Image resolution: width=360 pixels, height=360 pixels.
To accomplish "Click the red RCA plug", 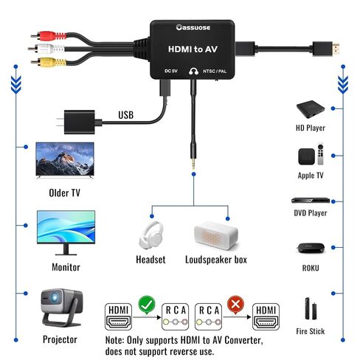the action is pos(49,36).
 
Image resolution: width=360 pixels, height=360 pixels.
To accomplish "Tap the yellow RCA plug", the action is pos(49,62).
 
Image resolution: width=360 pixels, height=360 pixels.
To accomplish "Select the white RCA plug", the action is pos(46,49).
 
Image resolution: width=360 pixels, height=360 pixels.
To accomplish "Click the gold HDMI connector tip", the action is pos(336,49).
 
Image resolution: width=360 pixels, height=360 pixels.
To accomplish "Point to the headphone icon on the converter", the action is pos(193,71).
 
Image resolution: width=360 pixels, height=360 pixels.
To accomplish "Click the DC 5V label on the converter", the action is pos(171,71).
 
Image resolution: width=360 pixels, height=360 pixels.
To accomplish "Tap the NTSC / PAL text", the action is pos(215,72).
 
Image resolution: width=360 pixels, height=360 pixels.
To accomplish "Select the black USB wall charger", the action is pos(79,122).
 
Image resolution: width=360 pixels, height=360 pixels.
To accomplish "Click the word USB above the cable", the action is pos(126,115).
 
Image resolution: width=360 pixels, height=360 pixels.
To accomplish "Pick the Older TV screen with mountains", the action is pos(65,159).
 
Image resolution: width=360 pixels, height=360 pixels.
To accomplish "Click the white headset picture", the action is pos(151,235).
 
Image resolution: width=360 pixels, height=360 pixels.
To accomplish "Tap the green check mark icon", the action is pos(147,305).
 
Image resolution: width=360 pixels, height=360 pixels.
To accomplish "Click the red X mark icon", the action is pos(235,305).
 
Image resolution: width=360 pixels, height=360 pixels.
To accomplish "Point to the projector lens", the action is pos(54,298).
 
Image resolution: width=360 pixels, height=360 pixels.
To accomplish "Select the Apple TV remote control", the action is pos(320,154).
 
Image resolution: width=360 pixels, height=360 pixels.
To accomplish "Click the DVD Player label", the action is pos(311,213).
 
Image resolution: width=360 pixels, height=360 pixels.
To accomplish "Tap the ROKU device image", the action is pos(311,248).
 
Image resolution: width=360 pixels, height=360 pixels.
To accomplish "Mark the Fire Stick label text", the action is pos(311,331).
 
